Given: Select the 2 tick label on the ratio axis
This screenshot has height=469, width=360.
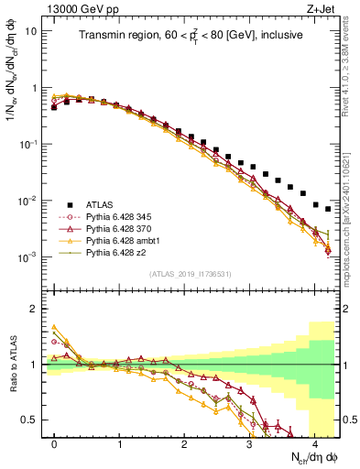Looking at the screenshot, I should coord(35,309).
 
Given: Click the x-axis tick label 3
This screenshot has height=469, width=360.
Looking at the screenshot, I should coord(249,444).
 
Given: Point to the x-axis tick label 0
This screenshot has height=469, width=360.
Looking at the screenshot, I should coord(55,444).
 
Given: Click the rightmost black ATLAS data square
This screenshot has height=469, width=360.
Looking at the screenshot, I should coord(328,209).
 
